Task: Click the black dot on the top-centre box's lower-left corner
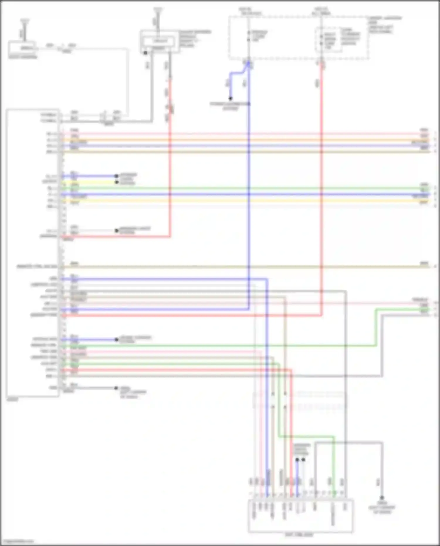pyautogui.click(x=145, y=53)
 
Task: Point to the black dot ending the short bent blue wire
pyautogui.click(x=231, y=99)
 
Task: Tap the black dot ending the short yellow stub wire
pyautogui.click(x=117, y=182)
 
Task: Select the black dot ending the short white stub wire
pyautogui.click(x=117, y=231)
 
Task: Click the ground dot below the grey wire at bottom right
pyautogui.click(x=382, y=498)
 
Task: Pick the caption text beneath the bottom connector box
pyautogui.click(x=299, y=535)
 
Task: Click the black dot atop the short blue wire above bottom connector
pyautogui.click(x=297, y=460)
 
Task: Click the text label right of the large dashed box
pyautogui.click(x=384, y=25)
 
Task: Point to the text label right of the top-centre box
pyautogui.click(x=195, y=38)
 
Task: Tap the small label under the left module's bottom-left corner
pyautogui.click(x=12, y=399)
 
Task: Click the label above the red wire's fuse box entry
pyautogui.click(x=322, y=11)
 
